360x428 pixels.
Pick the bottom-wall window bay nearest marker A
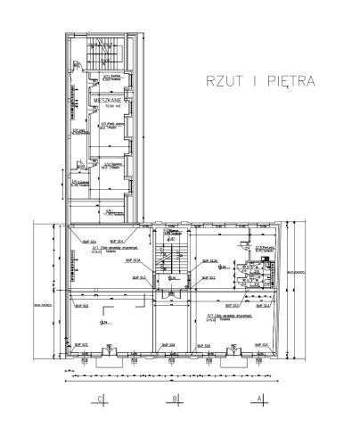pyautogui.click(x=241, y=358)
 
